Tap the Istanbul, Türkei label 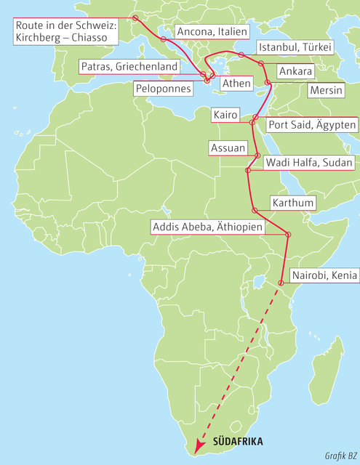coord(295,47)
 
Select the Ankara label coord(295,71)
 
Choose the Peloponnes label coord(163,88)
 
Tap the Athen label coord(236,84)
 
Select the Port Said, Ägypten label coord(312,125)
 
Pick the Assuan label coord(227,147)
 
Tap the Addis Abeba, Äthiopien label coord(207,227)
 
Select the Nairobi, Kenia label coord(322,275)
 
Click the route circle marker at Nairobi coord(281,282)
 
